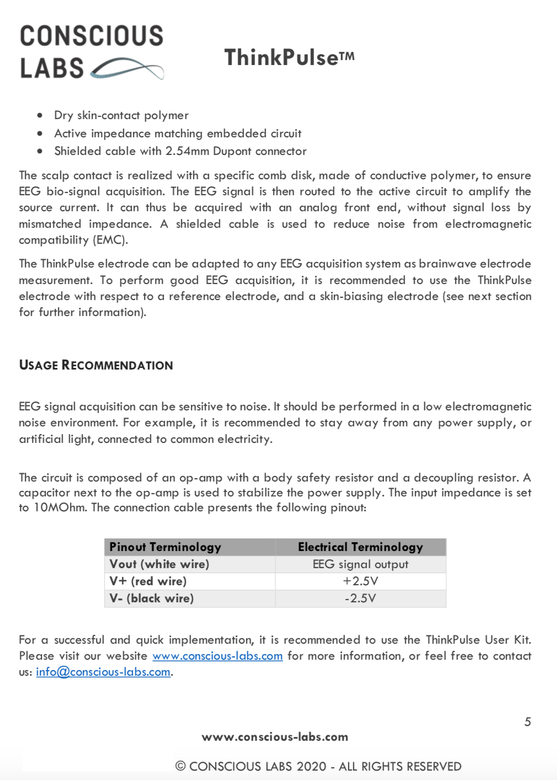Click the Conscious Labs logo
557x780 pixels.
pos(92,52)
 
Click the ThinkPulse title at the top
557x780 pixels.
pos(289,57)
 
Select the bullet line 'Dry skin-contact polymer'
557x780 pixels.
pos(121,115)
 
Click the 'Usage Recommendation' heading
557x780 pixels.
pos(96,365)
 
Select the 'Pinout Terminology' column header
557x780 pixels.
pos(165,547)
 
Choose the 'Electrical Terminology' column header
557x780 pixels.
pos(361,547)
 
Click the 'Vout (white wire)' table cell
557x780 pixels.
pos(159,564)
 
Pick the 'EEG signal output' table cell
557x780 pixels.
pos(361,564)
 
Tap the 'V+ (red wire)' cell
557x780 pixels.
pos(148,581)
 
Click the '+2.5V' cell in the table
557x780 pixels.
pos(361,581)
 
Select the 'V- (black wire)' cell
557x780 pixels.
pos(152,599)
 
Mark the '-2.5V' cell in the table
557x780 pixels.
pos(361,599)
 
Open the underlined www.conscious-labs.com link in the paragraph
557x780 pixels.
pos(217,656)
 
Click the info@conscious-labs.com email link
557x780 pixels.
pos(103,672)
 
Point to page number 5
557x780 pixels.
pos(528,722)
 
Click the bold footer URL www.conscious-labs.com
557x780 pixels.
pos(275,737)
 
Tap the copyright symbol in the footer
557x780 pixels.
pos(180,766)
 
